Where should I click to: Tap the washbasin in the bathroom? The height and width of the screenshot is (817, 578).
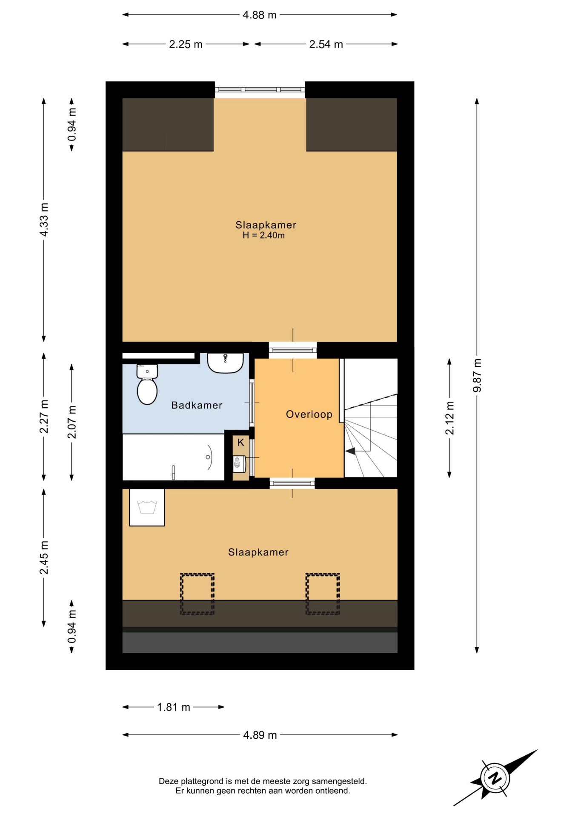click(225, 363)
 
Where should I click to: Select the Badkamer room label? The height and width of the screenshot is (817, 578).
click(197, 405)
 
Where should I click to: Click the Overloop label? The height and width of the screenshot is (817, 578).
click(309, 414)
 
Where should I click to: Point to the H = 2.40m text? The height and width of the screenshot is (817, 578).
click(263, 235)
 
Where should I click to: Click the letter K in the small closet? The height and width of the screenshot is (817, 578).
click(241, 443)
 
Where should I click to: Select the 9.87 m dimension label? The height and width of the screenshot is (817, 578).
click(477, 375)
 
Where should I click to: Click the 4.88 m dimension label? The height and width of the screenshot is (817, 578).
click(260, 15)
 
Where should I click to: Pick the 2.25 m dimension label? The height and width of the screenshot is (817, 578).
click(186, 44)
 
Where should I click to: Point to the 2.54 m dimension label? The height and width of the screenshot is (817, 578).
click(326, 44)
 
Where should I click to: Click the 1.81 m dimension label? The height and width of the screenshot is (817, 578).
click(174, 707)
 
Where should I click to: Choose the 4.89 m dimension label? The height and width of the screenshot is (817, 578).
click(260, 735)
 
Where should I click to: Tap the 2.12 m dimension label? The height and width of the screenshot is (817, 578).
click(449, 418)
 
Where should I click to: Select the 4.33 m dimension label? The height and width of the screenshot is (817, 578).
click(44, 220)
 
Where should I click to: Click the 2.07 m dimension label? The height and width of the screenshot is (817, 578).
click(72, 422)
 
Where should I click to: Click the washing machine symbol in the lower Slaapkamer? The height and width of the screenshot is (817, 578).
click(147, 507)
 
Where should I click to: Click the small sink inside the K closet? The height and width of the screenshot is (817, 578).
click(239, 464)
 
